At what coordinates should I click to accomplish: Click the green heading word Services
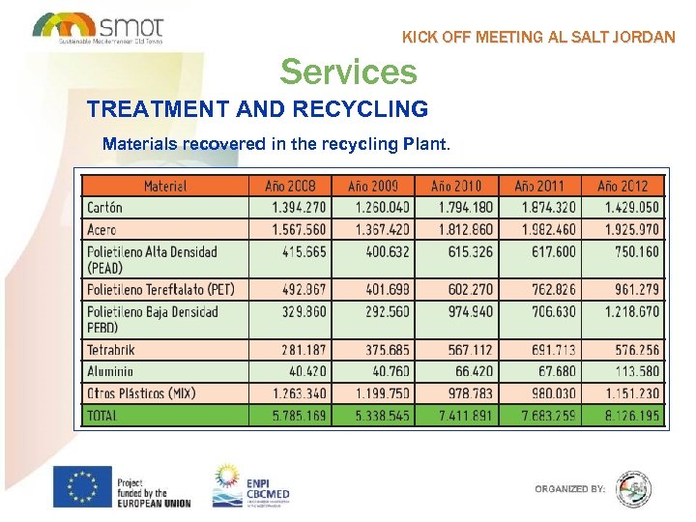pyautogui.click(x=348, y=72)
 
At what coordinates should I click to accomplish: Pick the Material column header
pyautogui.click(x=165, y=186)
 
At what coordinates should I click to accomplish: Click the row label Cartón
pyautogui.click(x=103, y=207)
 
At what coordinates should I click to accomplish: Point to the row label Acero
pyautogui.click(x=101, y=229)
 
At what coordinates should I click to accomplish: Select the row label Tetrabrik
pyautogui.click(x=110, y=348)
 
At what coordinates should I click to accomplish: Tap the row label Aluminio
pyautogui.click(x=110, y=370)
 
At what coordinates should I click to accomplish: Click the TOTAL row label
pyautogui.click(x=102, y=415)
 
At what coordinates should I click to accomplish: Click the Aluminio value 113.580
pyautogui.click(x=632, y=370)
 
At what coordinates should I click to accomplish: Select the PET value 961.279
pyautogui.click(x=632, y=288)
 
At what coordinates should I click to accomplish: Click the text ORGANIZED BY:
pyautogui.click(x=570, y=489)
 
